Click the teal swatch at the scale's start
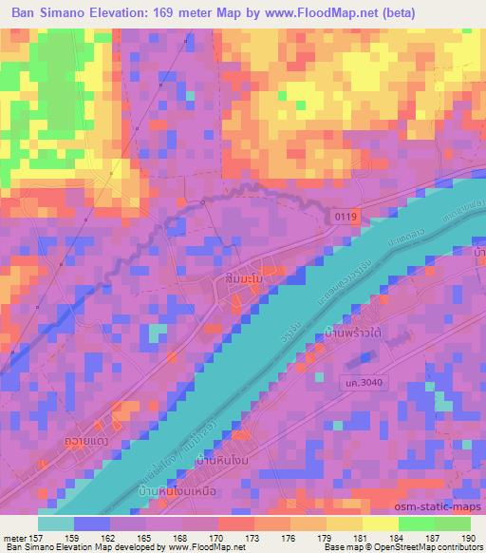point(55,524)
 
